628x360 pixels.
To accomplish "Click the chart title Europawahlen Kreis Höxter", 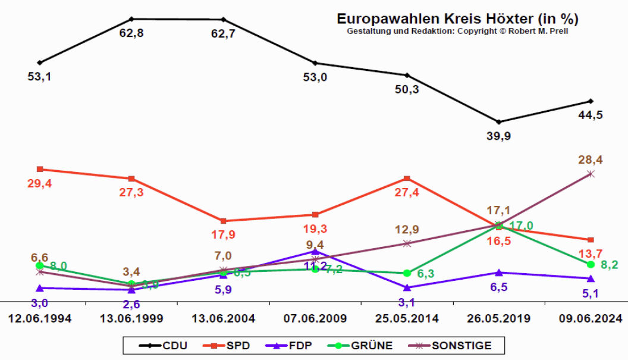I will click(457, 19).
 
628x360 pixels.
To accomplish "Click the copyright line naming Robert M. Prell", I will click(457, 31).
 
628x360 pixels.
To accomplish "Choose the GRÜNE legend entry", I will click(363, 345).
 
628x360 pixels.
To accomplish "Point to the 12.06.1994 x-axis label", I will click(40, 318).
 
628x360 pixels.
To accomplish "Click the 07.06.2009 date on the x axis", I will click(315, 318).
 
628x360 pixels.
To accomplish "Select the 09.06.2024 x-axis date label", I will click(591, 318).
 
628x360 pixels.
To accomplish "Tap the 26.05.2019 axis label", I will click(499, 318).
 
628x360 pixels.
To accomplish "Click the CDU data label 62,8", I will click(131, 33).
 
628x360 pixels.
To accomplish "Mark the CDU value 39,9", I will click(498, 136).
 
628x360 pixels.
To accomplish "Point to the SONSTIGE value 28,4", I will click(591, 159).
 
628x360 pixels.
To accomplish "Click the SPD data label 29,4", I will click(40, 184).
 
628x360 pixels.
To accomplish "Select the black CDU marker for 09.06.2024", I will click(591, 101).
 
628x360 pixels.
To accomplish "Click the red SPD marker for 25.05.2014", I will click(407, 179).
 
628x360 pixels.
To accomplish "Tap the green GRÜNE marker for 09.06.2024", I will click(591, 264).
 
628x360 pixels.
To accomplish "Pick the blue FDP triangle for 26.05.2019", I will click(499, 273).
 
